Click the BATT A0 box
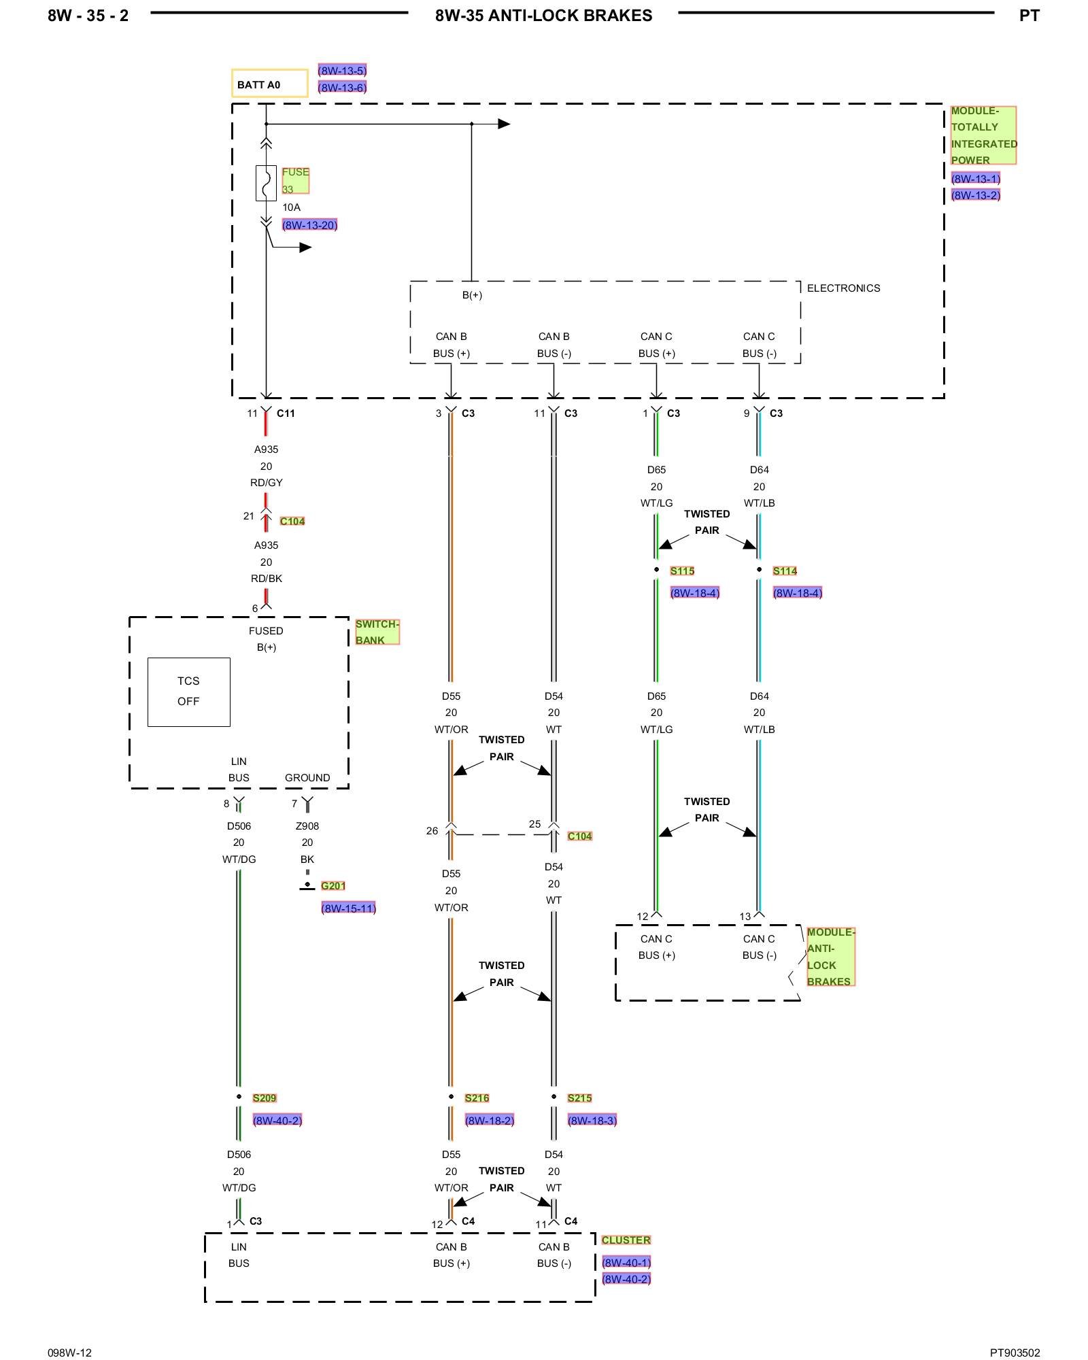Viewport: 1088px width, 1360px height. (x=269, y=84)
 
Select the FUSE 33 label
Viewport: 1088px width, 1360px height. (x=296, y=181)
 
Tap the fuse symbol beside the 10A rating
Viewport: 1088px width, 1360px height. (x=266, y=183)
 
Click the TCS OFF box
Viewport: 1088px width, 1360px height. (x=189, y=692)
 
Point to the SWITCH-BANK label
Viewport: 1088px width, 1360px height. (x=377, y=632)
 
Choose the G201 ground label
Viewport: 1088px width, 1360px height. (x=333, y=885)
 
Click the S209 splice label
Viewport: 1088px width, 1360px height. (x=265, y=1098)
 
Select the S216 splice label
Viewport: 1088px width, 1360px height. (x=477, y=1098)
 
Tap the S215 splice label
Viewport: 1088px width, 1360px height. (x=579, y=1098)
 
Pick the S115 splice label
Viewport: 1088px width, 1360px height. (x=682, y=571)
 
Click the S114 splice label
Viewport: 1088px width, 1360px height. (x=785, y=571)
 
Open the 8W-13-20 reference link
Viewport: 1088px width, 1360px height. (x=310, y=225)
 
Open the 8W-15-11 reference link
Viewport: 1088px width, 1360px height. (x=348, y=908)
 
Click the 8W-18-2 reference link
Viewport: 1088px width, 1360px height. (x=490, y=1120)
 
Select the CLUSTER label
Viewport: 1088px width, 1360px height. (x=626, y=1240)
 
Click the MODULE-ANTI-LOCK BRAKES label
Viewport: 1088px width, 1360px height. (x=830, y=956)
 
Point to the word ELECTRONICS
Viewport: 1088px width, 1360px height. (x=843, y=288)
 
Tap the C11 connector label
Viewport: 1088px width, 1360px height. (x=286, y=413)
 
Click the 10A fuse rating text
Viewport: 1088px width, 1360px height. (x=291, y=207)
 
